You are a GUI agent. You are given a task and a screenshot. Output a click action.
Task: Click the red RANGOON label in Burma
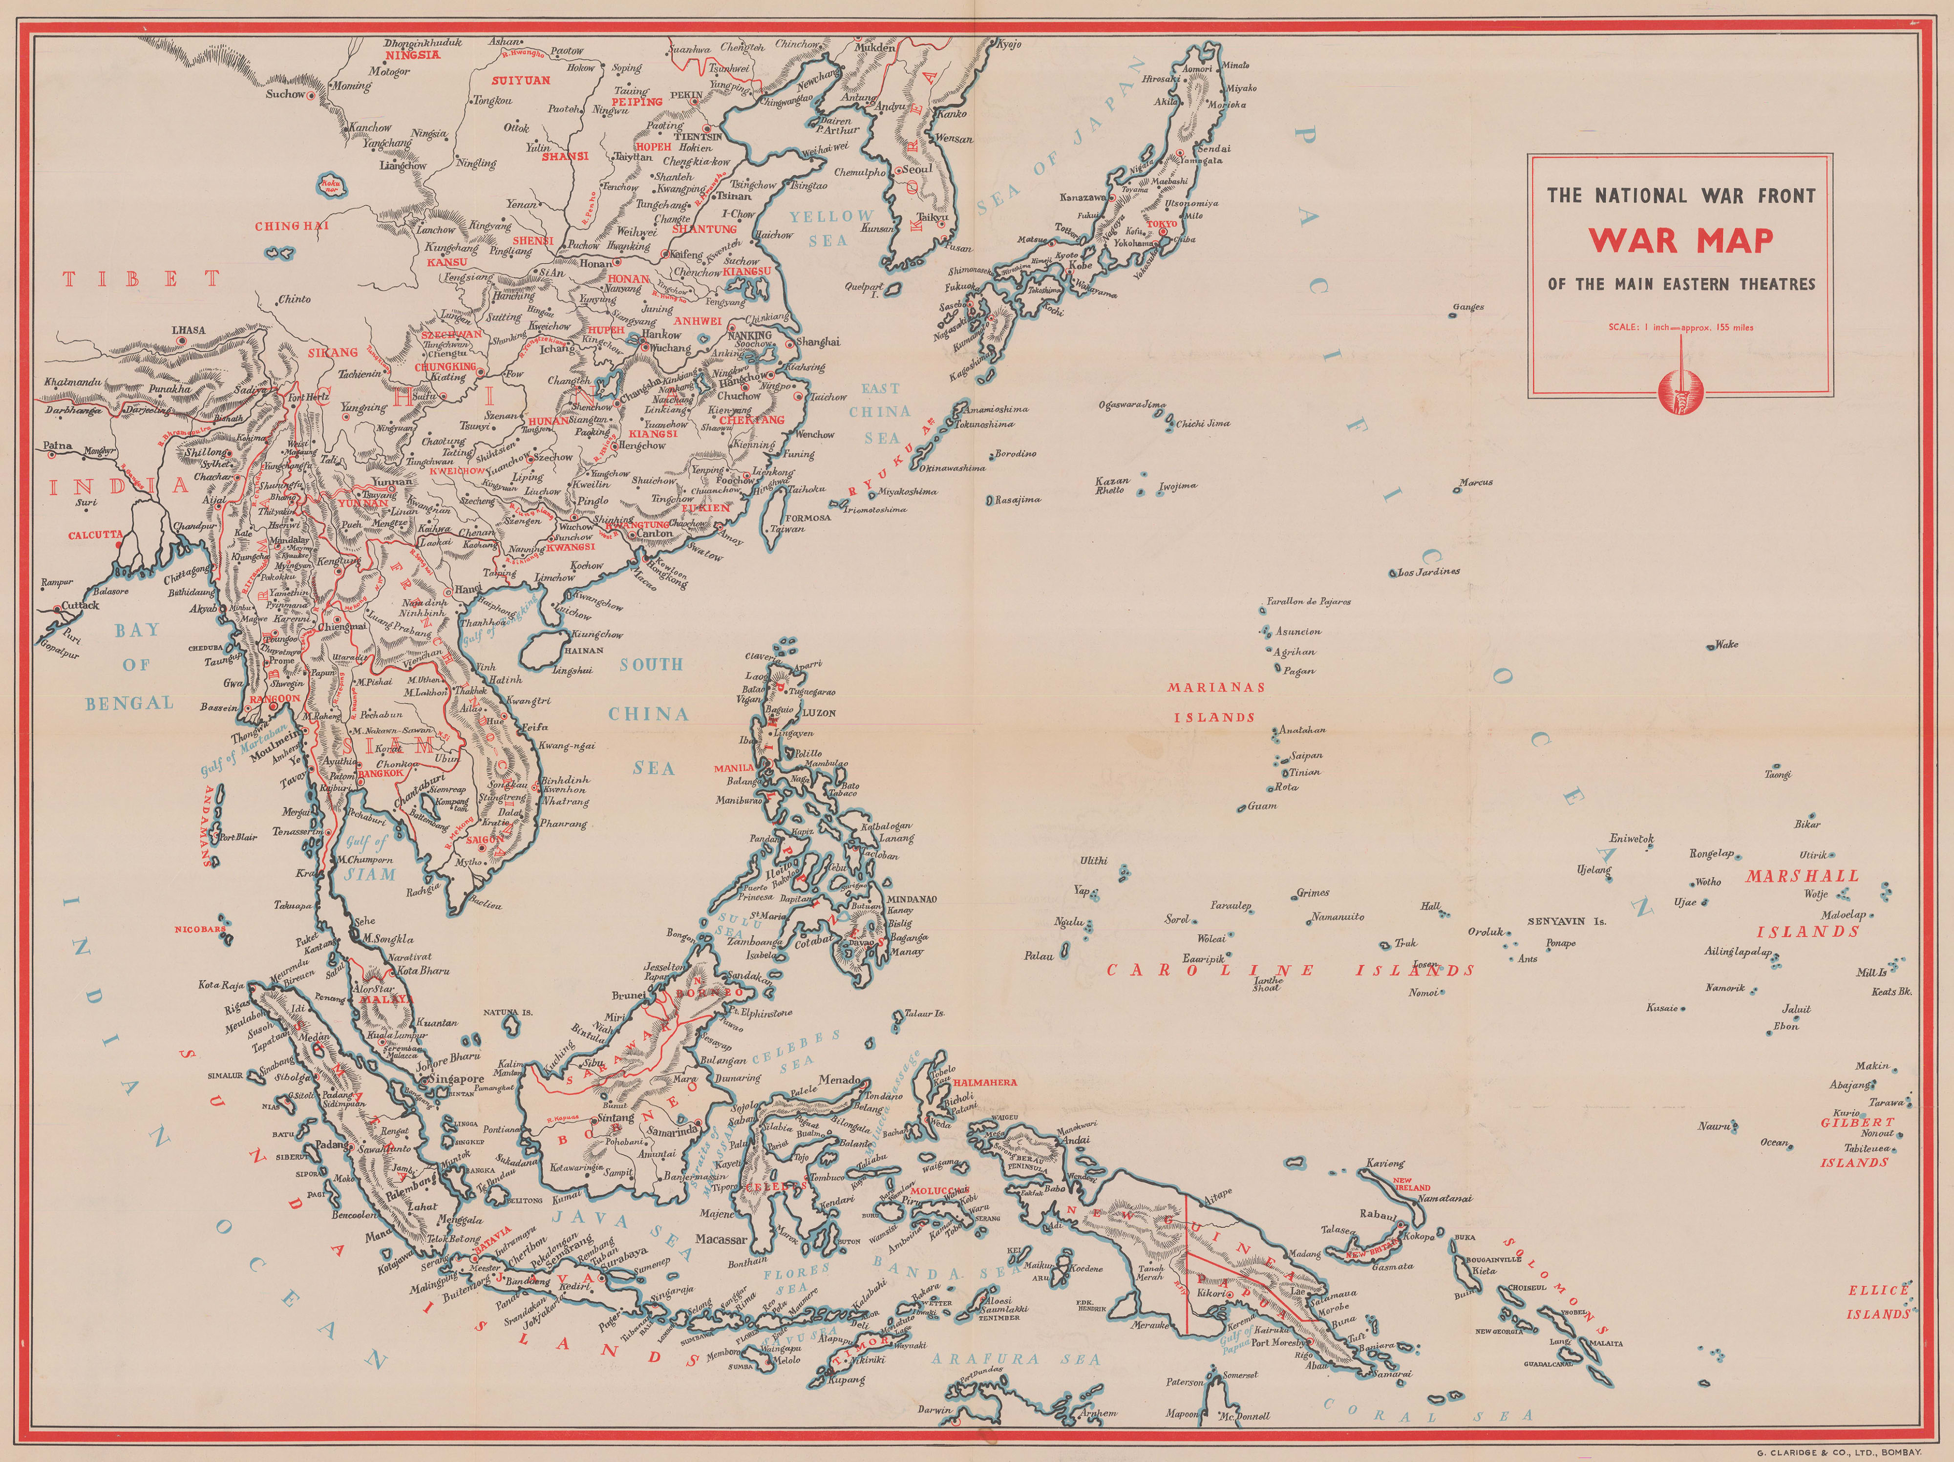tap(276, 698)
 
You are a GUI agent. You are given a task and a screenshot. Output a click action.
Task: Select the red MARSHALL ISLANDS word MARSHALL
tap(1802, 876)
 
